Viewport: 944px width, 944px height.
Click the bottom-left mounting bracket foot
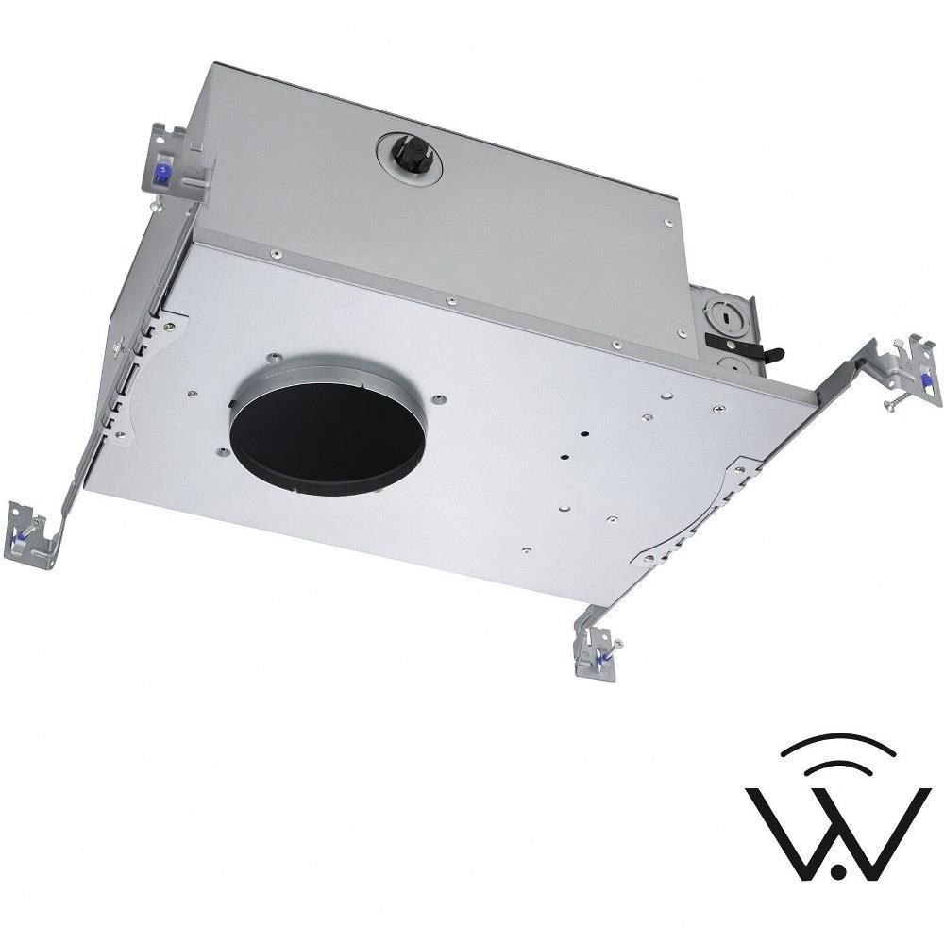(x=31, y=536)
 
